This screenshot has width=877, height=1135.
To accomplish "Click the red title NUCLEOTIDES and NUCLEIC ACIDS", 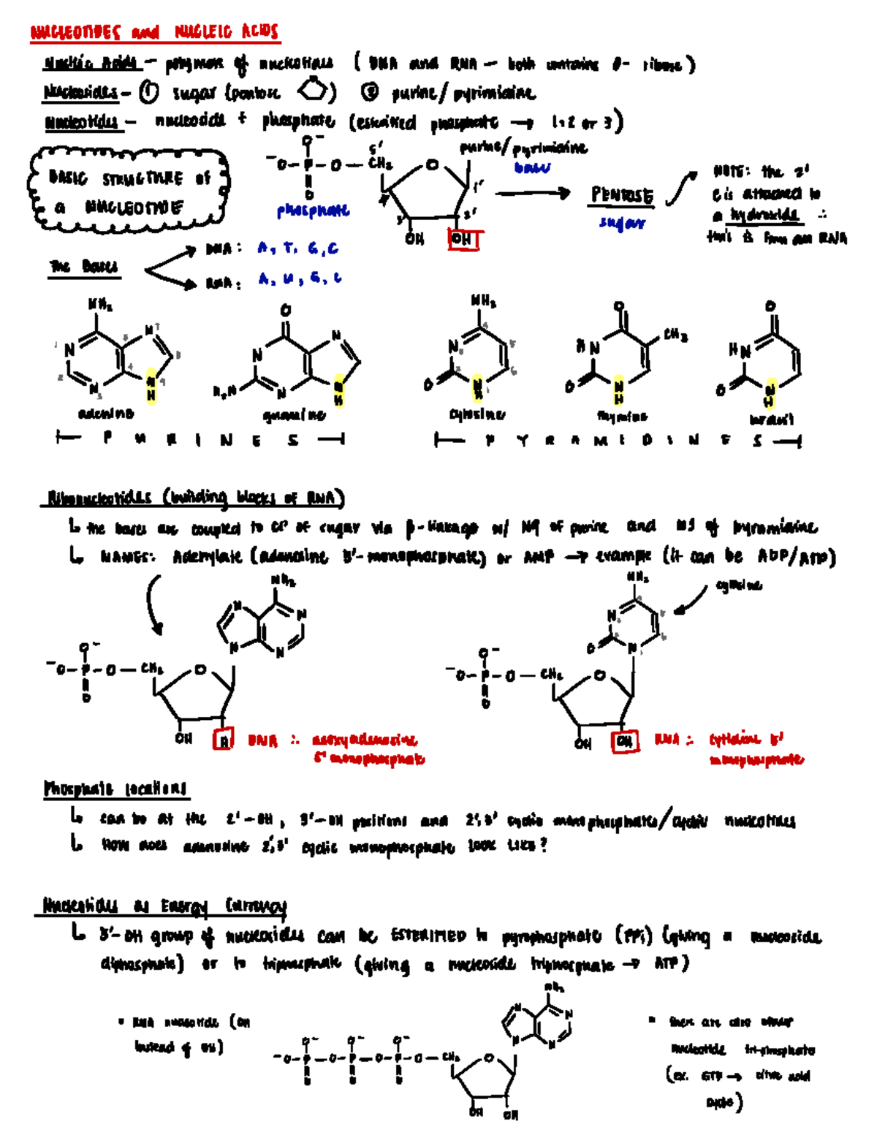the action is point(154,32).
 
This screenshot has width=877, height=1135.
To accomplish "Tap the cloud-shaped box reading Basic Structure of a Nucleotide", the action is point(129,191).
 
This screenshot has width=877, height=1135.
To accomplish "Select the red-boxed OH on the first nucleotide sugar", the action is point(462,239).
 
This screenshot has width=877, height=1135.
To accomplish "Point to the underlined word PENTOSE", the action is point(622,196).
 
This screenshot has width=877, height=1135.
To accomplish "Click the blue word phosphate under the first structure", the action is point(314,211).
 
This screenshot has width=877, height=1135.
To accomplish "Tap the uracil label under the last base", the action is point(771,420).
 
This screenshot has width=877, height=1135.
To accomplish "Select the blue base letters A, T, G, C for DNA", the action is point(298,248).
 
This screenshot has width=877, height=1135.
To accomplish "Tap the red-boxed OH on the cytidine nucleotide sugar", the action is point(624,741).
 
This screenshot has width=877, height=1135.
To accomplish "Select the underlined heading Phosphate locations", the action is point(115,789).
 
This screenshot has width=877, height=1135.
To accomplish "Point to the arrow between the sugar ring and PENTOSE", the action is point(533,194).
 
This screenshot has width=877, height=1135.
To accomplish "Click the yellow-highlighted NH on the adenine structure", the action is point(151,388).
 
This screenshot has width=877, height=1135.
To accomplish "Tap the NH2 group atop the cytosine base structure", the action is point(483,300).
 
